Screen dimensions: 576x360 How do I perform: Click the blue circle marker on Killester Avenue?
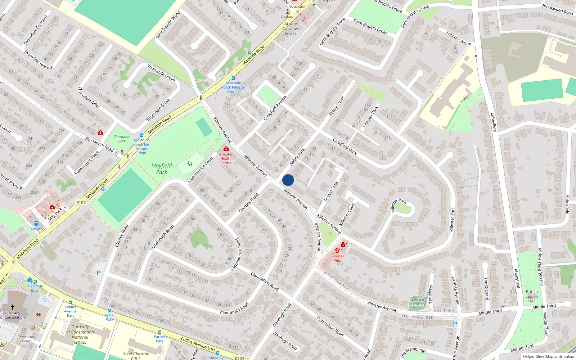[288, 180]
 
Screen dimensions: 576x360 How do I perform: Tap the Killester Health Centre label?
[226, 158]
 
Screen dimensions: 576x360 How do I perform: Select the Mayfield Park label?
[161, 168]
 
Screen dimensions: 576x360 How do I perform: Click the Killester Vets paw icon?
[337, 250]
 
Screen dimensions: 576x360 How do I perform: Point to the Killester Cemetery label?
[418, 302]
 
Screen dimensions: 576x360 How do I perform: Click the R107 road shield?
[81, 202]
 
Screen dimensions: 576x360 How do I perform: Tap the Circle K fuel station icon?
[36, 223]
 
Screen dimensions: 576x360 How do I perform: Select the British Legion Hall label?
[532, 296]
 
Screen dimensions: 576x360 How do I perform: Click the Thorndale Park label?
[122, 139]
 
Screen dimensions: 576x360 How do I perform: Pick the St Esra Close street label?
[331, 191]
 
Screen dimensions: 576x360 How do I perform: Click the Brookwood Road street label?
[557, 9]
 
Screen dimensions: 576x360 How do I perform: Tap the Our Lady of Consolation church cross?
[13, 307]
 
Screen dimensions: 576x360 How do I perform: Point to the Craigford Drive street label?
[345, 147]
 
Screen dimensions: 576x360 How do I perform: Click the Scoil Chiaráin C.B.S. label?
[136, 356]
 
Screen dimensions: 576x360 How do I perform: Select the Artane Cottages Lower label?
[291, 29]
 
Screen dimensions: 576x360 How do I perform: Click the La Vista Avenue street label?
[456, 291]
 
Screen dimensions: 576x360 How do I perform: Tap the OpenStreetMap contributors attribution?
[548, 357]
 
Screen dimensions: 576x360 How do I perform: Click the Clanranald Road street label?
[234, 309]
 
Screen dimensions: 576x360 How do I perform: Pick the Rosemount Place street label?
[86, 163]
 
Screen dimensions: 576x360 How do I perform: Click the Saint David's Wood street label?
[168, 25]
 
